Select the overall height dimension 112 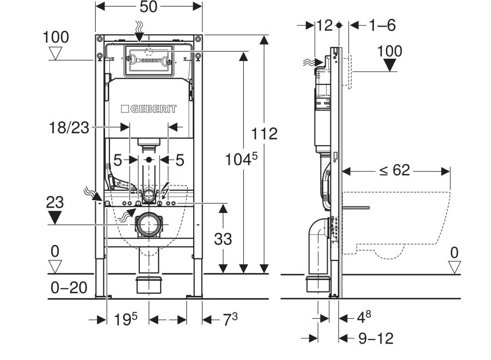click(265, 134)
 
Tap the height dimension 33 click(223, 238)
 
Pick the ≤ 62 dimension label click(394, 170)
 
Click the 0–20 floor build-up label click(69, 287)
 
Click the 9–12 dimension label click(376, 338)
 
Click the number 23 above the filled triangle click(54, 203)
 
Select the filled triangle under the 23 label click(54, 218)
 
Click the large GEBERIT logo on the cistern click(149, 109)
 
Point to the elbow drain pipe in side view click(316, 239)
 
